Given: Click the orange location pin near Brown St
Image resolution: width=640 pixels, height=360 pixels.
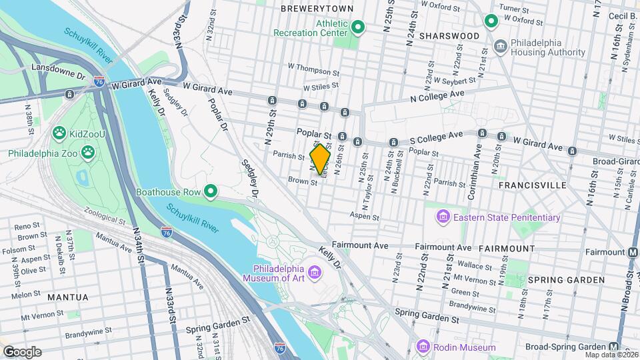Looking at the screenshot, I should pyautogui.click(x=321, y=159).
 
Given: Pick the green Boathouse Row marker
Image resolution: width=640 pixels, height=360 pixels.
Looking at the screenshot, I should pyautogui.click(x=211, y=192).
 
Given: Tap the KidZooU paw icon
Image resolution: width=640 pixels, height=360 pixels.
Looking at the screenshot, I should pyautogui.click(x=59, y=133).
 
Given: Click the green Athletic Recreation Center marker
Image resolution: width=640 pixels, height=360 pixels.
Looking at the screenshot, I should pyautogui.click(x=357, y=27).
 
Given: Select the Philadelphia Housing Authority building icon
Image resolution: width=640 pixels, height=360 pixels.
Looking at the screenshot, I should pyautogui.click(x=500, y=45).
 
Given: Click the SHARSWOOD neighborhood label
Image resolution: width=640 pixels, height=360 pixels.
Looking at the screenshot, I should pyautogui.click(x=449, y=35).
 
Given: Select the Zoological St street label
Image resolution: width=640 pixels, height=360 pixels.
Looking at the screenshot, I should pyautogui.click(x=105, y=216).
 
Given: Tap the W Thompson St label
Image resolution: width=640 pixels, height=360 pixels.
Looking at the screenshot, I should pyautogui.click(x=313, y=67).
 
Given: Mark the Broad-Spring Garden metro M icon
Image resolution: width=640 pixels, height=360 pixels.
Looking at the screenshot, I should pyautogui.click(x=613, y=347).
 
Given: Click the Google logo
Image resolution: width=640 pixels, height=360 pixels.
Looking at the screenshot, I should pyautogui.click(x=22, y=352).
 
